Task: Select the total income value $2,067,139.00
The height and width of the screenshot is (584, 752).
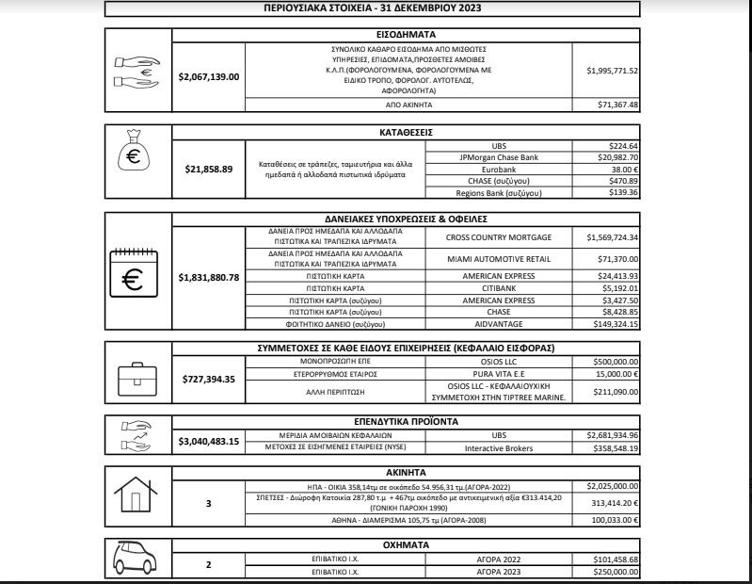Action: point(209,76)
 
